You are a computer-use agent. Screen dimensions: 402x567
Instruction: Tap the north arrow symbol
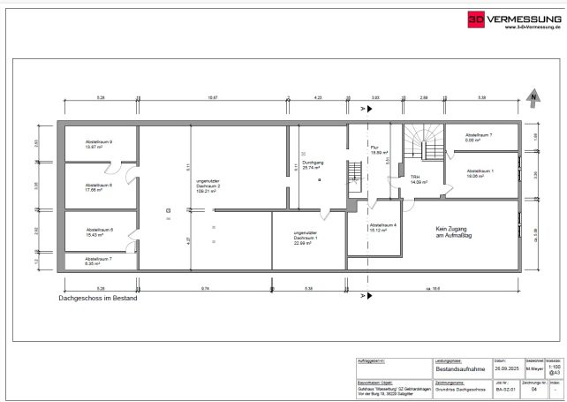[533, 97]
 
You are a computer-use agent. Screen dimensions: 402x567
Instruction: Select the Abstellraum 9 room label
[98, 144]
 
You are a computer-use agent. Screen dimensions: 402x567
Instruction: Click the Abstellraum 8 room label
[98, 187]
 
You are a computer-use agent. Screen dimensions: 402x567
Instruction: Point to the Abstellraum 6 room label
[98, 232]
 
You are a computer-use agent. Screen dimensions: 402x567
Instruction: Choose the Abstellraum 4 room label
[383, 227]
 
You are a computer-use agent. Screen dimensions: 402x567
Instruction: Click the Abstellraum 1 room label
[480, 173]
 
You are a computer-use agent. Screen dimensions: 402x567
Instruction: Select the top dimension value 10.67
[213, 99]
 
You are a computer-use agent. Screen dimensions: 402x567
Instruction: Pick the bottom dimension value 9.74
[205, 289]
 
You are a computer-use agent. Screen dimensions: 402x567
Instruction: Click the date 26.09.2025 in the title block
[499, 369]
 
